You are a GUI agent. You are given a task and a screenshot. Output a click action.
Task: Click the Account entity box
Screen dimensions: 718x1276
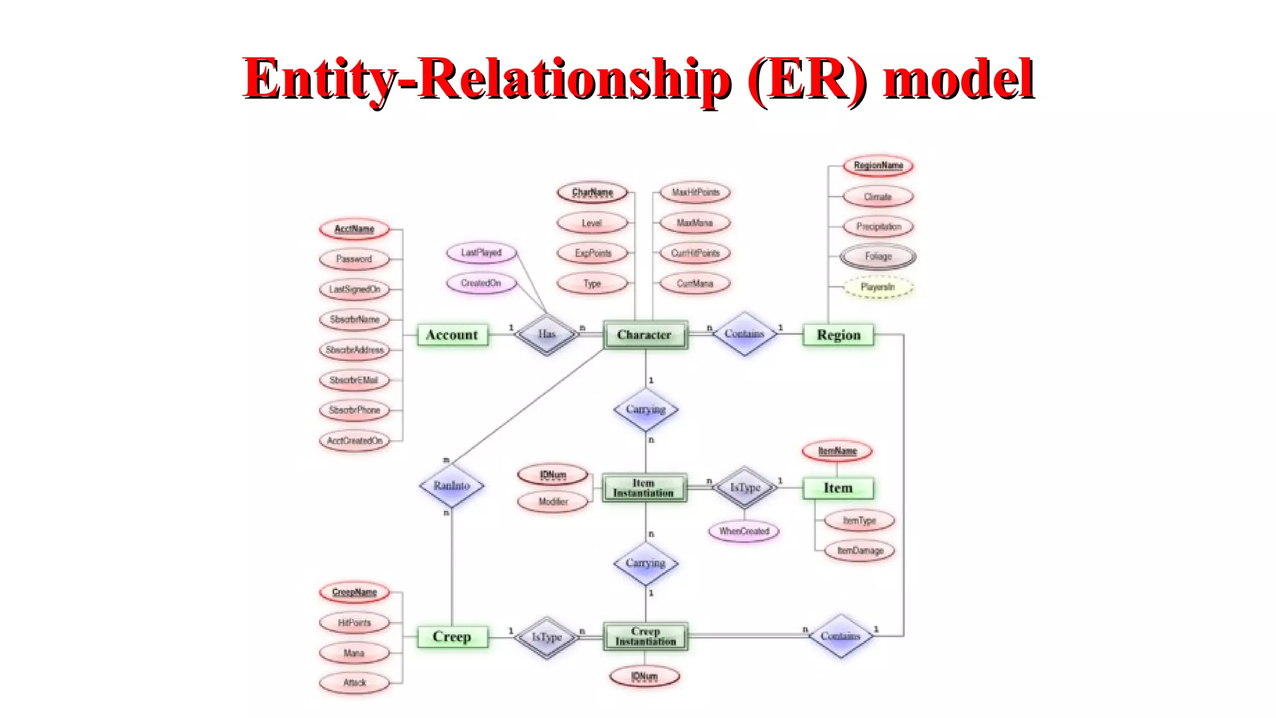pos(452,335)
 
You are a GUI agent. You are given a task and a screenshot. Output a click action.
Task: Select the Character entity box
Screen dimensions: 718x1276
pos(645,335)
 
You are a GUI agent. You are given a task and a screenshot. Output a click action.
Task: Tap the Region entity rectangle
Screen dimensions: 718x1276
pos(838,335)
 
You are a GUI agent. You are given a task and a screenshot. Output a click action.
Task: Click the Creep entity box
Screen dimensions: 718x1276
pos(452,636)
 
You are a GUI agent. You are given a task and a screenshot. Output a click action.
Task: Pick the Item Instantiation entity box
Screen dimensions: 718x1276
pos(645,487)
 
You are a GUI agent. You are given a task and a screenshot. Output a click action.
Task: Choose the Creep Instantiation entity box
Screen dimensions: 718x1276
pos(645,636)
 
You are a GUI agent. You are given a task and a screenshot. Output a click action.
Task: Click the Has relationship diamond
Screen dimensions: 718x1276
pos(546,334)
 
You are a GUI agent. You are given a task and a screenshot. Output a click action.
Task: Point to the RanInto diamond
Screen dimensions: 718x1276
pos(452,486)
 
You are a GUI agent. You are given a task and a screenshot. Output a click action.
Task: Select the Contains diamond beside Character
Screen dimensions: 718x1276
pos(744,334)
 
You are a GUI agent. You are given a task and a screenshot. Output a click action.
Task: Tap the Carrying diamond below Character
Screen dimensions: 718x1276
pos(645,409)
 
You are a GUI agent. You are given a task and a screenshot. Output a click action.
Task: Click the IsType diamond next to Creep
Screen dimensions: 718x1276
pos(546,637)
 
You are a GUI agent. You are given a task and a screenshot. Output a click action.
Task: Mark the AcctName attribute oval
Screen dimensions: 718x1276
pos(355,229)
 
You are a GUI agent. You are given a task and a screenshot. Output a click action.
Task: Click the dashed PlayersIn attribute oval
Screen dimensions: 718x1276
pos(878,287)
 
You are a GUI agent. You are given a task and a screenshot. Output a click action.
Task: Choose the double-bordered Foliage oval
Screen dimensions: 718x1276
pos(878,256)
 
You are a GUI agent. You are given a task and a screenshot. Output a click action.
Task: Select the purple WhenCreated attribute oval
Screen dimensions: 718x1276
pos(744,531)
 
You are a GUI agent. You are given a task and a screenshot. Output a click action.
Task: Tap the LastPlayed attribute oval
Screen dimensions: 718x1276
pos(481,252)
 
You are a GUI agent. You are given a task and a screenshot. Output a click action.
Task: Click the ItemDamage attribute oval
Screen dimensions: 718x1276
pos(860,550)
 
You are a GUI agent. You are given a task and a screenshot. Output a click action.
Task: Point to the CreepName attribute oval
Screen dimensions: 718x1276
pos(355,592)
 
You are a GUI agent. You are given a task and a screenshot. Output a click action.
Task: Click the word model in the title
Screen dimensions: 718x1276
pos(958,79)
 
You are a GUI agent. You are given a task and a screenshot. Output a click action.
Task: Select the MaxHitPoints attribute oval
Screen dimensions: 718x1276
pos(695,193)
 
